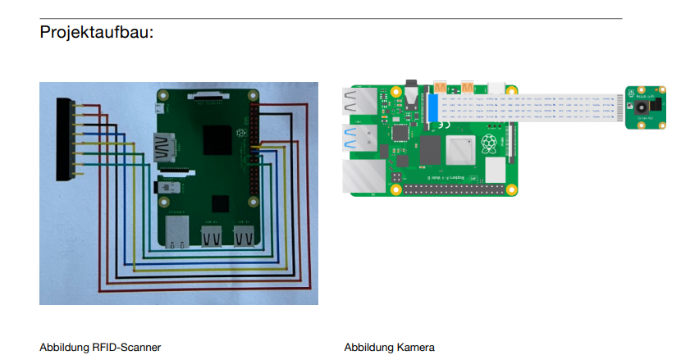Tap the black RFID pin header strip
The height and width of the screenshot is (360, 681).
tap(64, 139)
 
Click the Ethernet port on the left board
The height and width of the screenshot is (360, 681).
tap(176, 232)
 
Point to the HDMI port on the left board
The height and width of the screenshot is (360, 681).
tap(165, 148)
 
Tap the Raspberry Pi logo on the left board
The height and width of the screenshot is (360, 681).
tap(240, 132)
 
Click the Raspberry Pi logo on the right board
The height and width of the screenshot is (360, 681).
tap(489, 146)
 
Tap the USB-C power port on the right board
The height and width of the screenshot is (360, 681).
tap(498, 88)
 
